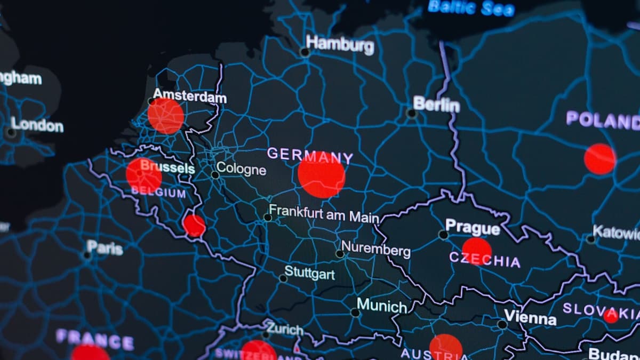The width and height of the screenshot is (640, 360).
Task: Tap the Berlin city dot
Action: (411, 113)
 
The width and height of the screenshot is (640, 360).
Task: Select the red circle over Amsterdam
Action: (166, 116)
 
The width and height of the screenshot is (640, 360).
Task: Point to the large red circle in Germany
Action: (322, 175)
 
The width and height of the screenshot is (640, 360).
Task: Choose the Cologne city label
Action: (241, 169)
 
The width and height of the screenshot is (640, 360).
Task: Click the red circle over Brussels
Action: (144, 175)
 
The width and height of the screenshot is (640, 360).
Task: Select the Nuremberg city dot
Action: (340, 254)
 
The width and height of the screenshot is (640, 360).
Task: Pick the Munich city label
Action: (381, 306)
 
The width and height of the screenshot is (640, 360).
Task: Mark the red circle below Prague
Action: (476, 251)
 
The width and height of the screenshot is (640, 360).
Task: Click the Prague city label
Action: (473, 227)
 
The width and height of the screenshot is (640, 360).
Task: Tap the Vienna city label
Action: (530, 318)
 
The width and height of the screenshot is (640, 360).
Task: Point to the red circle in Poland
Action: (599, 159)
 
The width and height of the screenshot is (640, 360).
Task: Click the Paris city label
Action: (105, 247)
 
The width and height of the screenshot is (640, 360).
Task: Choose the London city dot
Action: (11, 132)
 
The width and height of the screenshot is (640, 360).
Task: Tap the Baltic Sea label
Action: (471, 7)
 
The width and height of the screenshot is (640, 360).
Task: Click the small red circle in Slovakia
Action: (611, 316)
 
